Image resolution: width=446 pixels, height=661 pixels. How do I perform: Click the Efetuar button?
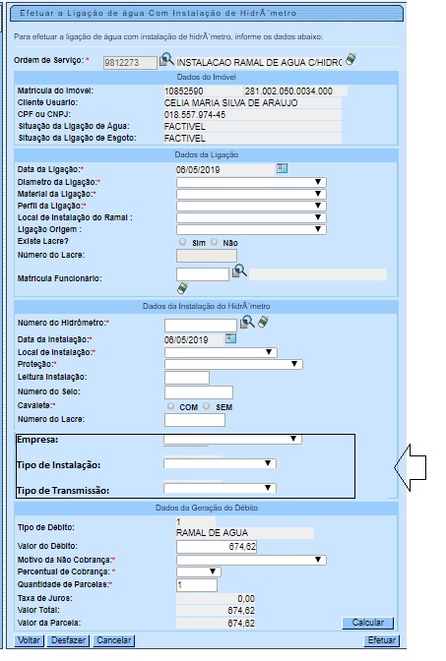pyautogui.click(x=382, y=640)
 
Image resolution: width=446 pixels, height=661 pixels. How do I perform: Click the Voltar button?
pyautogui.click(x=29, y=640)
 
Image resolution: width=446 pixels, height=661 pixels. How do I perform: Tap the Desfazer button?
pyautogui.click(x=68, y=640)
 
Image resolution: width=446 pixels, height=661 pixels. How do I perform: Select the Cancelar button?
pyautogui.click(x=113, y=640)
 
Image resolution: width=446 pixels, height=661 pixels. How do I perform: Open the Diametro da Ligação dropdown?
pyautogui.click(x=251, y=182)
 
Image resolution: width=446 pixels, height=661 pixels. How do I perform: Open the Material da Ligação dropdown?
pyautogui.click(x=251, y=194)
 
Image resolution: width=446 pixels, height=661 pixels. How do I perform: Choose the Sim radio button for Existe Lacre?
pyautogui.click(x=182, y=242)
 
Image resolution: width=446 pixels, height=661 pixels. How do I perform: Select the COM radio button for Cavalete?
pyautogui.click(x=170, y=406)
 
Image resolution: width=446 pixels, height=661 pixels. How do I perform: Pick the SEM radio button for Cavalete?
pyautogui.click(x=207, y=406)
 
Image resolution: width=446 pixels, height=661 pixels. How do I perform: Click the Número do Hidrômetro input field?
pyautogui.click(x=201, y=325)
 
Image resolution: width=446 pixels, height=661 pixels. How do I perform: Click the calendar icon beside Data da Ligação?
pyautogui.click(x=282, y=168)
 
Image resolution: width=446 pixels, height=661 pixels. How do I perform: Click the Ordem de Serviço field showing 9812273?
pyautogui.click(x=130, y=63)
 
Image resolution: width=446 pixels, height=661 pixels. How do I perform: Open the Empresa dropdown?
pyautogui.click(x=232, y=439)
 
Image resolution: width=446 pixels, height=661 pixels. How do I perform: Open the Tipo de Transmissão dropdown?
pyautogui.click(x=220, y=488)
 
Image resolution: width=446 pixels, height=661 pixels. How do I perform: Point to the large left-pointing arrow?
pyautogui.click(x=410, y=467)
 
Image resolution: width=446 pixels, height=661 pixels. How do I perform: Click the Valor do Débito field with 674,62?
pyautogui.click(x=216, y=547)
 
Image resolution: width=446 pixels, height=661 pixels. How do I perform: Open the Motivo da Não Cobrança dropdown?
pyautogui.click(x=251, y=560)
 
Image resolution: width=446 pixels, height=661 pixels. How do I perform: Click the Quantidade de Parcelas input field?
pyautogui.click(x=197, y=585)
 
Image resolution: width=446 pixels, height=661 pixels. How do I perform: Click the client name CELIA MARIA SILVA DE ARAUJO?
pyautogui.click(x=230, y=103)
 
